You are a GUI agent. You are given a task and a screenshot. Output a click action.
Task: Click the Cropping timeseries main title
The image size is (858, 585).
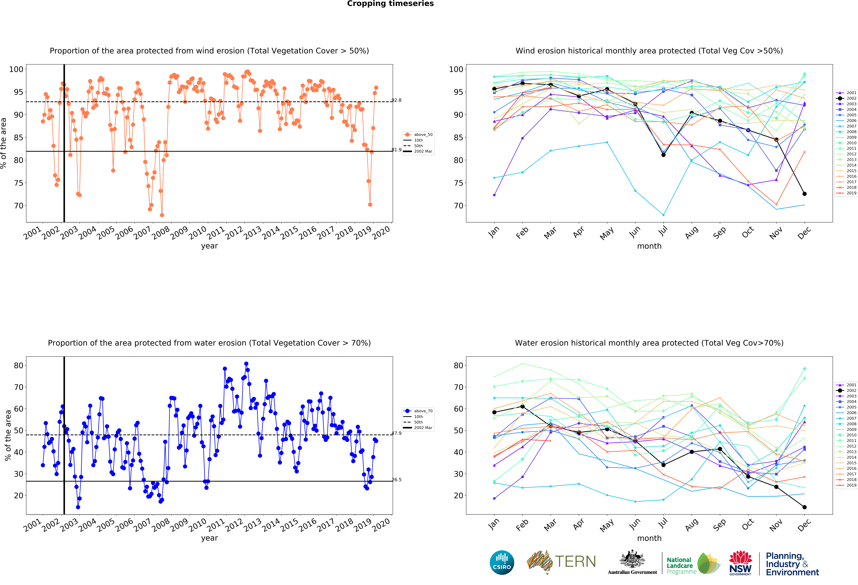click(390, 4)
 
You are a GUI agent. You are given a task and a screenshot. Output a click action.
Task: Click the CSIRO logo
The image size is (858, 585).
click(502, 562)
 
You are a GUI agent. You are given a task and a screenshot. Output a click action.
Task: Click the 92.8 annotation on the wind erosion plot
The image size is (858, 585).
click(397, 100)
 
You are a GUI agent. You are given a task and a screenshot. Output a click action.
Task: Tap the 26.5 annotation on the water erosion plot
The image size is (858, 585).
click(397, 480)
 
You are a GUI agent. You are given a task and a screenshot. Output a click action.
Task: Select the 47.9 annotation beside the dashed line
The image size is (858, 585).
click(397, 433)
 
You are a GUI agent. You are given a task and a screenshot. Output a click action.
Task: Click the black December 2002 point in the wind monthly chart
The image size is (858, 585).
click(804, 194)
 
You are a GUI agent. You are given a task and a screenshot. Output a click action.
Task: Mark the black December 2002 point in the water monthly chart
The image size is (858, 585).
click(804, 507)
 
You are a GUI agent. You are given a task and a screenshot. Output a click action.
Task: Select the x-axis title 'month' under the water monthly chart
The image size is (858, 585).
click(649, 538)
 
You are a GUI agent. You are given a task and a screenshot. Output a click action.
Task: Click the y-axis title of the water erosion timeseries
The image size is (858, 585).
click(7, 435)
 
